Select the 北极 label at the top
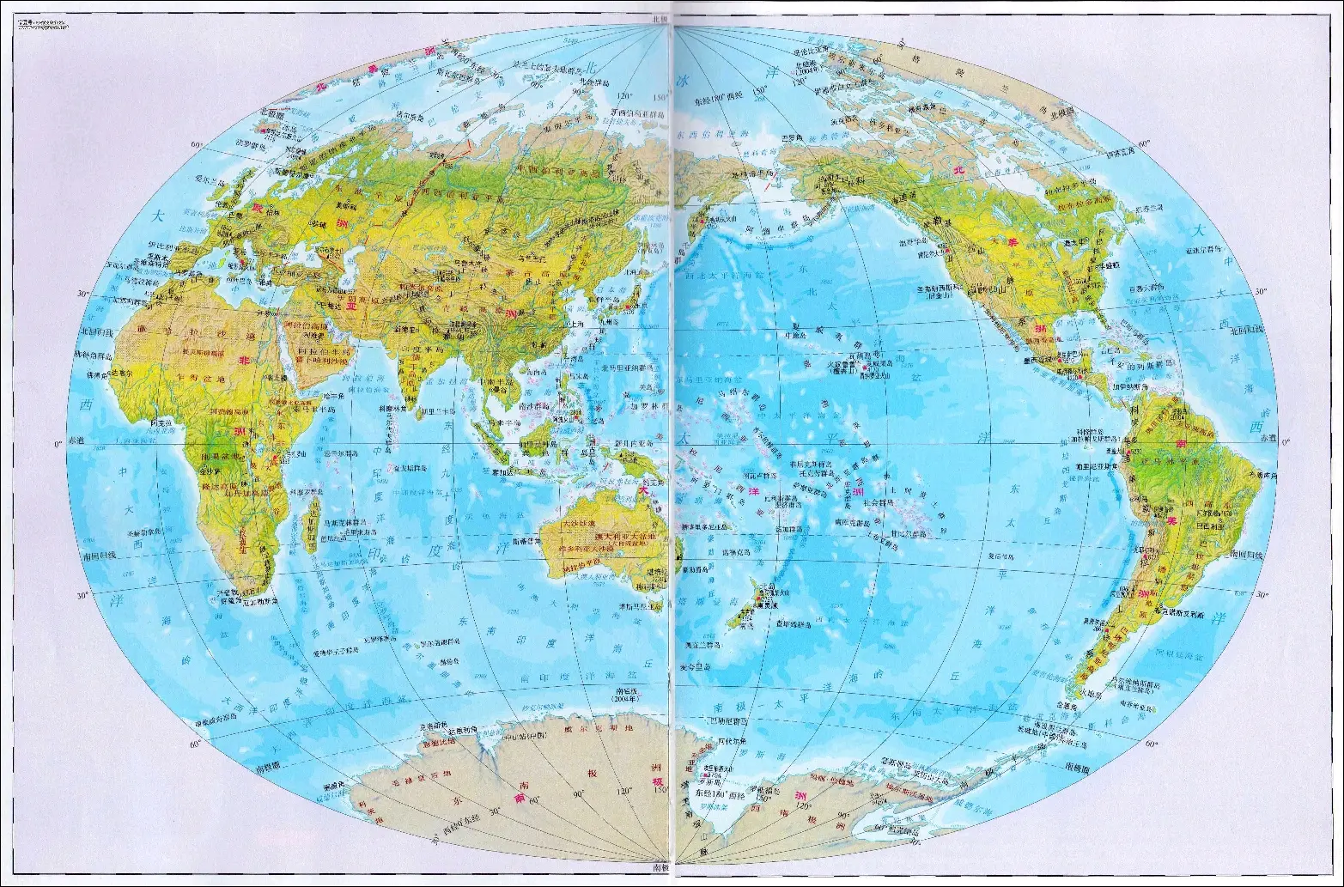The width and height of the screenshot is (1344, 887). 660,18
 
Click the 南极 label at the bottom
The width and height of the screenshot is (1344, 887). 660,868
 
